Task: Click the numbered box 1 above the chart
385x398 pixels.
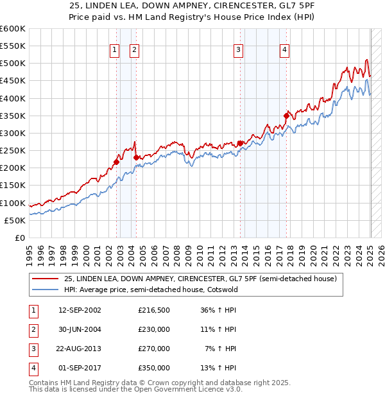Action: (114, 50)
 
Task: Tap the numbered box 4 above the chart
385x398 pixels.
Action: (284, 50)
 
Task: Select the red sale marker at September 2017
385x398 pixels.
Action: (287, 116)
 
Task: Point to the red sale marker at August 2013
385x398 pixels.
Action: (240, 143)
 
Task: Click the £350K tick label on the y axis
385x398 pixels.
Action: (12, 116)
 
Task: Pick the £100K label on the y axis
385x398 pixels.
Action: (12, 203)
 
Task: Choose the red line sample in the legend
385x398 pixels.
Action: (45, 279)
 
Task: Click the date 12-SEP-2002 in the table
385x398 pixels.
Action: (80, 310)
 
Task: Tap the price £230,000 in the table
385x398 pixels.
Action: (154, 329)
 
